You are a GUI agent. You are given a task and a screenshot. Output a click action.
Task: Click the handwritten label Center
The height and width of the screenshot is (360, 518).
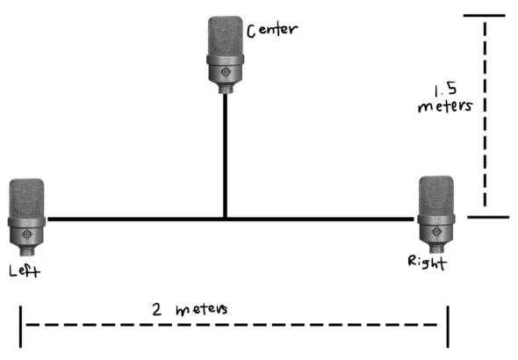click(x=272, y=30)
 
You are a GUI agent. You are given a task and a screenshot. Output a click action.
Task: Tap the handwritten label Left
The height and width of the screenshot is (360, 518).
click(x=25, y=270)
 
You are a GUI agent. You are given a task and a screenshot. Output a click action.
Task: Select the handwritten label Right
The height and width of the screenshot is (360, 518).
click(x=428, y=263)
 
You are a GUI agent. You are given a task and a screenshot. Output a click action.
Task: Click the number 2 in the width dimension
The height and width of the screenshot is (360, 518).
click(x=156, y=309)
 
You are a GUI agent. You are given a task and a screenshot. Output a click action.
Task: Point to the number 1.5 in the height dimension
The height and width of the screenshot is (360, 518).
click(x=445, y=90)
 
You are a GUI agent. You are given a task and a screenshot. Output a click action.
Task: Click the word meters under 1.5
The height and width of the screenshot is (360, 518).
click(x=445, y=106)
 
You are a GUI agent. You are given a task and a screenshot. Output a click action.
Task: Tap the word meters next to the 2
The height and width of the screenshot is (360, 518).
click(x=202, y=309)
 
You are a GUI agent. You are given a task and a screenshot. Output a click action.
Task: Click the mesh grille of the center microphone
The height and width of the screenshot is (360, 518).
click(x=226, y=36)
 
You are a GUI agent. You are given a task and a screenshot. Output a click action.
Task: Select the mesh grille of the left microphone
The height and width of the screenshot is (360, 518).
click(x=26, y=198)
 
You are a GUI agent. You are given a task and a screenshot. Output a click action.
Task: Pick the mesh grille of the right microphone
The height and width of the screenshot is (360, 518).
click(x=436, y=196)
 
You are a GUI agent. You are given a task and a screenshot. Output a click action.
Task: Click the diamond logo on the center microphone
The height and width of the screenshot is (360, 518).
click(x=226, y=72)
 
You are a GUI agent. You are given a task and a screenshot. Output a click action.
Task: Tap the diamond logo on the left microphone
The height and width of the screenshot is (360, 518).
click(x=26, y=234)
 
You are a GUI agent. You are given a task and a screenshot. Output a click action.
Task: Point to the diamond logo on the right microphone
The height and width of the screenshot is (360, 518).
click(x=436, y=231)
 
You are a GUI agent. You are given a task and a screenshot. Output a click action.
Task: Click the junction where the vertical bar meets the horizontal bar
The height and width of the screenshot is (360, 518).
click(x=225, y=219)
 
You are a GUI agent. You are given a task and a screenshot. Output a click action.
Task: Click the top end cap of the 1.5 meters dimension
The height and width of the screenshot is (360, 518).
click(x=485, y=15)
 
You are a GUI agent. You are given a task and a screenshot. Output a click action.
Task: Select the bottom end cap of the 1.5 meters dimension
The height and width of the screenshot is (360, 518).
click(x=488, y=217)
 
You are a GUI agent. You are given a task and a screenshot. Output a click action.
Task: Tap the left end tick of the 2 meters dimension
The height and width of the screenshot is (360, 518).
click(x=20, y=327)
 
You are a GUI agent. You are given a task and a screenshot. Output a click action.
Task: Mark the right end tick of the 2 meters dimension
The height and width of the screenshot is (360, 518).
click(x=448, y=327)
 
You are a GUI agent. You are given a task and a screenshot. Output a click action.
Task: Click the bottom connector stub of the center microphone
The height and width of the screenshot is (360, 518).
click(x=226, y=90)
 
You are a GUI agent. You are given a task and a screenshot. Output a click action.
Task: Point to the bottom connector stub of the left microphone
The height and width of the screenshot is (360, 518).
click(x=26, y=252)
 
